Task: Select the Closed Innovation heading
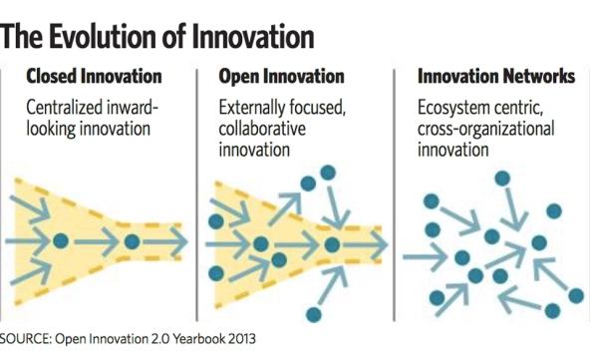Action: tap(94, 76)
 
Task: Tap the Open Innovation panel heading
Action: tap(281, 76)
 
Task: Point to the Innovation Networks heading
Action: tap(496, 76)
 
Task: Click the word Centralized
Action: tap(64, 108)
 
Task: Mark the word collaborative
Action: tap(262, 129)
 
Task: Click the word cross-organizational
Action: tap(486, 130)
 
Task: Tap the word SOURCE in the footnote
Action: tap(26, 338)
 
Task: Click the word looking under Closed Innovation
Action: tap(51, 130)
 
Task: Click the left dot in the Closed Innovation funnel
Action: tap(61, 240)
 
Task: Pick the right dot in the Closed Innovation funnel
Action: tap(132, 241)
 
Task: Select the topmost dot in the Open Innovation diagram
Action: tap(328, 173)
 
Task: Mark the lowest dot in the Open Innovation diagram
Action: tap(314, 314)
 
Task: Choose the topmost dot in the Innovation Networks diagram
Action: tap(502, 179)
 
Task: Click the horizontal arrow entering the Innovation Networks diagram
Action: tap(426, 257)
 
